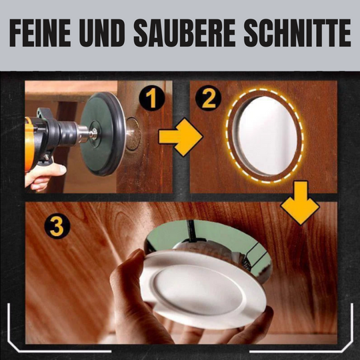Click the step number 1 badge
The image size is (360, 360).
click(x=153, y=100)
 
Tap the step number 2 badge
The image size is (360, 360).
click(x=209, y=100)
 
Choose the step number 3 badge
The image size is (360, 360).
click(x=57, y=227)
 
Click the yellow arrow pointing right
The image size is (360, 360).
click(x=179, y=138)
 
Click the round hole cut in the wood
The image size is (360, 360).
click(x=265, y=135)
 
